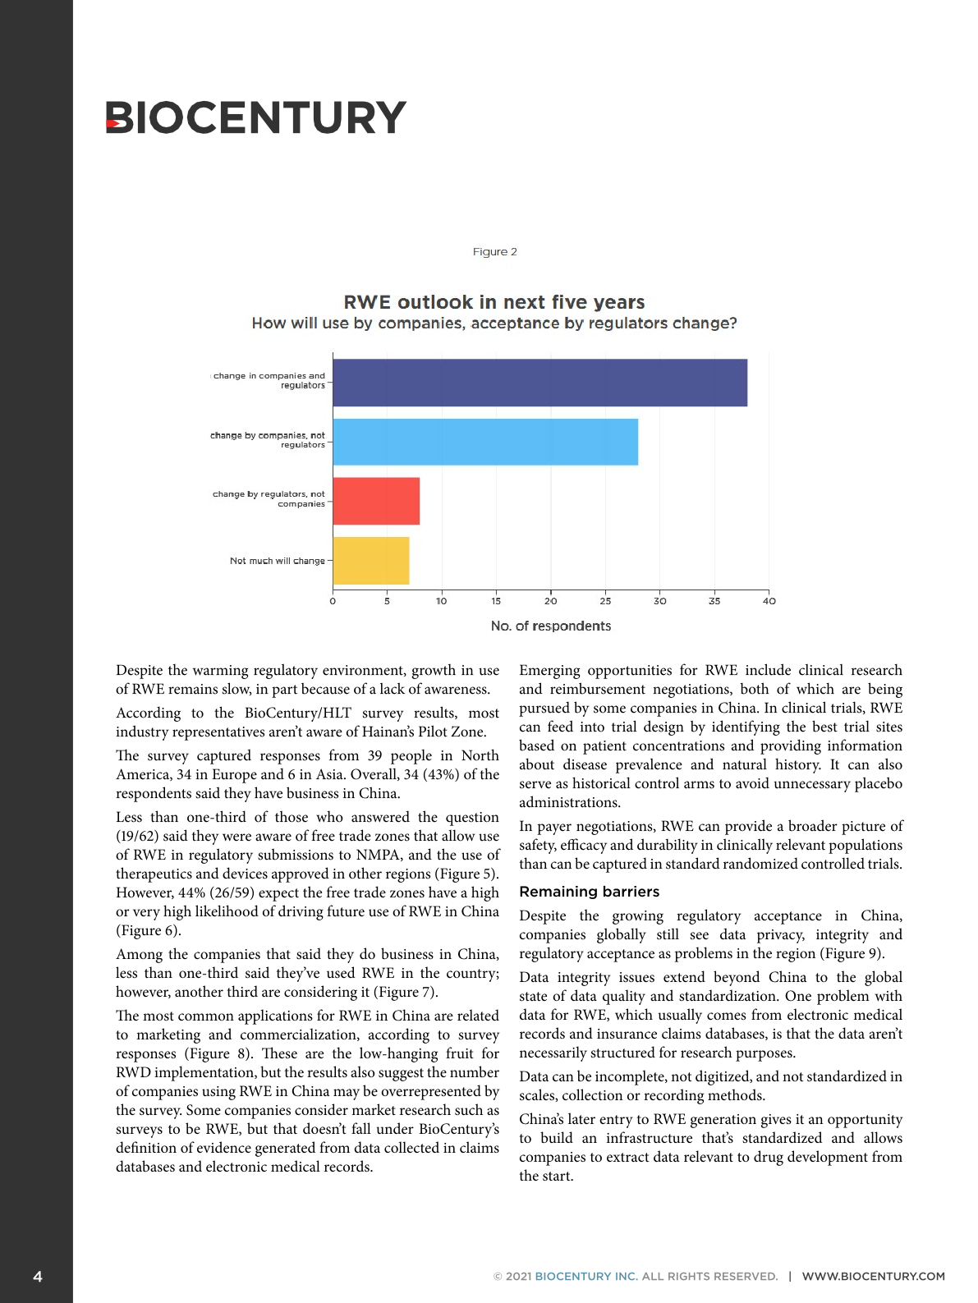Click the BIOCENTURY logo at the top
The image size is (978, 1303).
click(255, 117)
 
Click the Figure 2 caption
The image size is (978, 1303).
click(494, 252)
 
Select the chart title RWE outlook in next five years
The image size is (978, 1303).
click(494, 302)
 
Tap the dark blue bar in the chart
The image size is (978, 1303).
click(540, 383)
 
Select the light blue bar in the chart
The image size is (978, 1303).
click(485, 442)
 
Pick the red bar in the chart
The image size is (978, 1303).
click(376, 501)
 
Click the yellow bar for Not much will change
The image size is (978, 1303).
click(371, 561)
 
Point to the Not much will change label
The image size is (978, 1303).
click(277, 561)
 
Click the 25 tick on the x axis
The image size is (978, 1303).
click(605, 601)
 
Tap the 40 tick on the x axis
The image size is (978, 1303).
click(769, 601)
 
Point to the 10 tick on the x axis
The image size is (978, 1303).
click(442, 601)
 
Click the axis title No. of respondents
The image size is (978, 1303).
click(550, 626)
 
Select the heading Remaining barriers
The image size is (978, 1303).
click(589, 892)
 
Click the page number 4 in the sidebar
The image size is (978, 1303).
click(38, 1276)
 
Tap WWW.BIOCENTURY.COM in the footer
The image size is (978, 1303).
click(873, 1276)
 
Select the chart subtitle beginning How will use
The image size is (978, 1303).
click(494, 323)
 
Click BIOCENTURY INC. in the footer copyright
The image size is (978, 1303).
click(585, 1276)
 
